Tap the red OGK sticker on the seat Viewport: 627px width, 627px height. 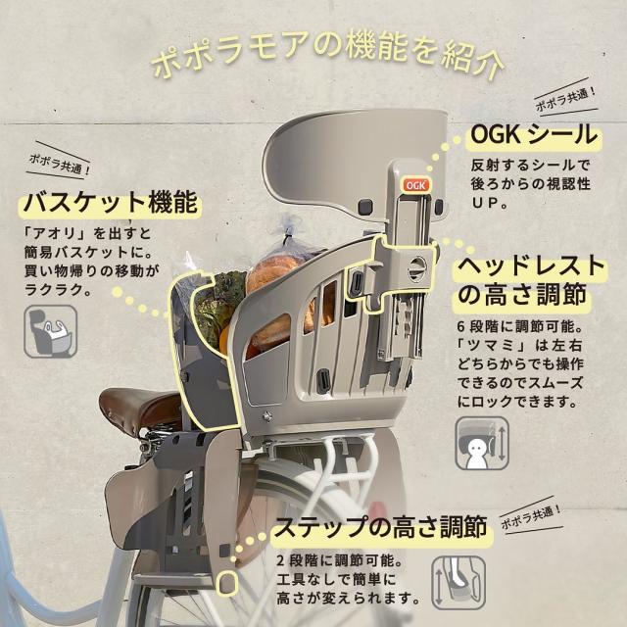pos(413,182)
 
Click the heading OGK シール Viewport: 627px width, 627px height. pos(533,133)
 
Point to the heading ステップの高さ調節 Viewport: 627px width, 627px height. pos(379,529)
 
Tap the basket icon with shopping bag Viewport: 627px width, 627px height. pos(51,330)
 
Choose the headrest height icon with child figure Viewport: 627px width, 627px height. pos(481,443)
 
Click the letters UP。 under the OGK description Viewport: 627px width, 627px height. pos(489,205)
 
